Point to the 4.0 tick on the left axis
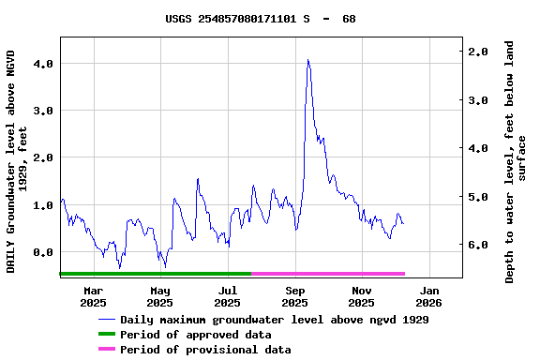coord(42,64)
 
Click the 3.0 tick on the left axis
coord(42,111)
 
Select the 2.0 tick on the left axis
coord(42,158)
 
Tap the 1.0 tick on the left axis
coord(42,205)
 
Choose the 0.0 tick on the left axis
coord(42,252)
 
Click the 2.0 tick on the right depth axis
coord(477,52)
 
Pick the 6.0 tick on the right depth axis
coord(477,245)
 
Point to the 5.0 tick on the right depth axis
coord(477,197)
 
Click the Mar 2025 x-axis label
coord(93,296)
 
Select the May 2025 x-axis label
coord(160,296)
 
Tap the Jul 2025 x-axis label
coord(228,296)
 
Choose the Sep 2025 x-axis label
coord(295,296)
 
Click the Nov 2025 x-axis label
coord(362,296)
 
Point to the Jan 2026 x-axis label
coord(428,296)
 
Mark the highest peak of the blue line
coord(307,60)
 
